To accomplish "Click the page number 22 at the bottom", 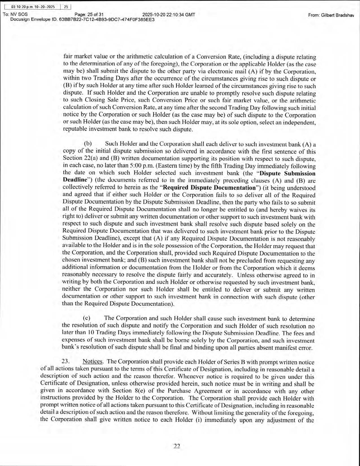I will click(x=177, y=446).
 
